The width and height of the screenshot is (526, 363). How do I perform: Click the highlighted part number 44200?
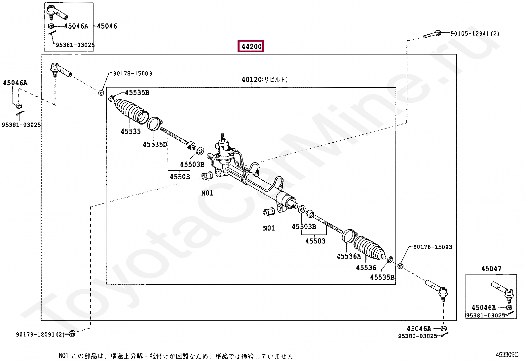click(251, 47)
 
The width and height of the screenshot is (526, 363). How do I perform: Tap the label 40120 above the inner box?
click(252, 80)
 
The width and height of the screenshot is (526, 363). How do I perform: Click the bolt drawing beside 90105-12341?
click(432, 34)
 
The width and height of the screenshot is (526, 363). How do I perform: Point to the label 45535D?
click(155, 144)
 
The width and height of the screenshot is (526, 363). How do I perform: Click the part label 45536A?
click(349, 256)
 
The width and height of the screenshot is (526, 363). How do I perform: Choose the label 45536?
click(366, 268)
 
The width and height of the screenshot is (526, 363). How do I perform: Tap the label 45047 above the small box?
click(491, 269)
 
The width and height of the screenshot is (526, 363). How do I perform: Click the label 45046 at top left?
click(107, 26)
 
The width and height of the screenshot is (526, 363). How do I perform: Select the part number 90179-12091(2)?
click(40, 335)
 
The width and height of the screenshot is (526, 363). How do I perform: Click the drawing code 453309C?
click(507, 355)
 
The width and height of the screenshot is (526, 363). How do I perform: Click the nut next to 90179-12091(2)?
click(73, 334)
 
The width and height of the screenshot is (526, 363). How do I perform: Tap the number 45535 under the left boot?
click(131, 131)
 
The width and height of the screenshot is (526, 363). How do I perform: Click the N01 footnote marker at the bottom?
click(63, 356)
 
